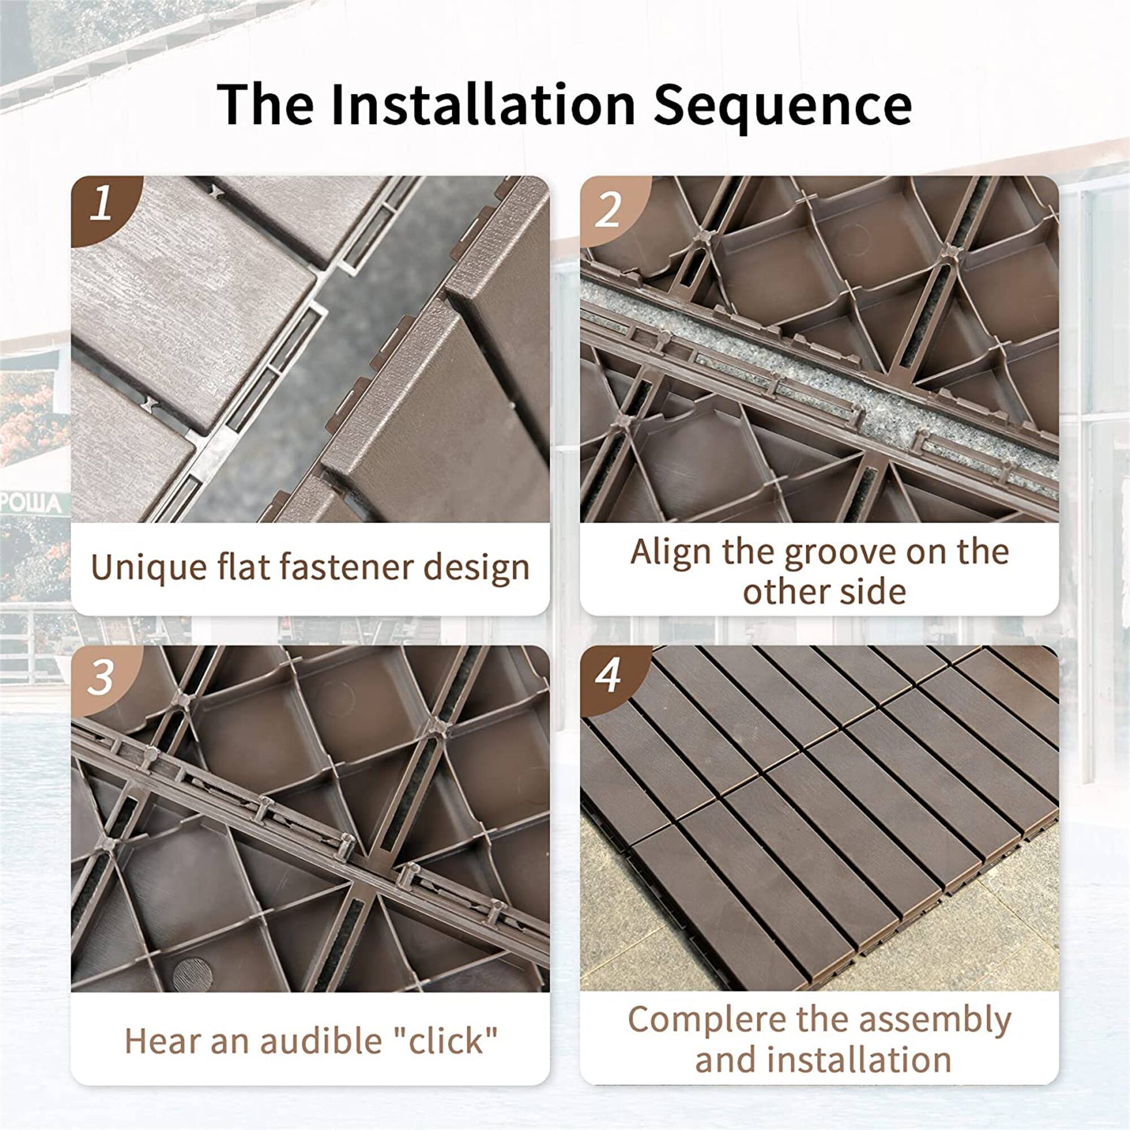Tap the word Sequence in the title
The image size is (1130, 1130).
click(782, 105)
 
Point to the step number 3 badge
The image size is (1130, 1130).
click(100, 678)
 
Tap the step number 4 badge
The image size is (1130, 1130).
click(608, 676)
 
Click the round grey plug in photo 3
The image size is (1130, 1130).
click(193, 974)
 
